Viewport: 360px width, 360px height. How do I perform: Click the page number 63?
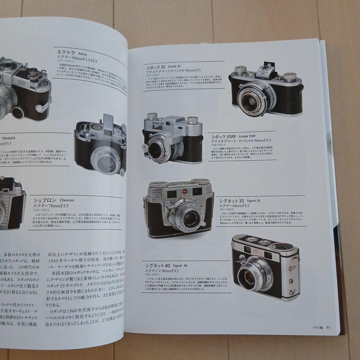click(x=328, y=327)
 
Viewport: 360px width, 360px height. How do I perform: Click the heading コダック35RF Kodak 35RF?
click(x=233, y=136)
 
